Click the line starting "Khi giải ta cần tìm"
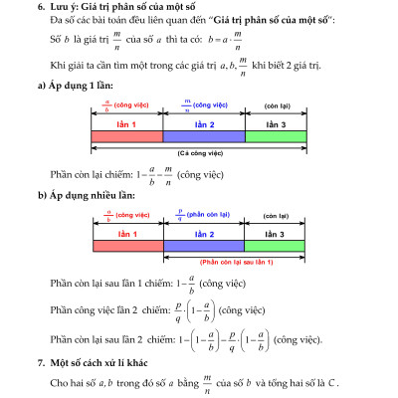point(189,70)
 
